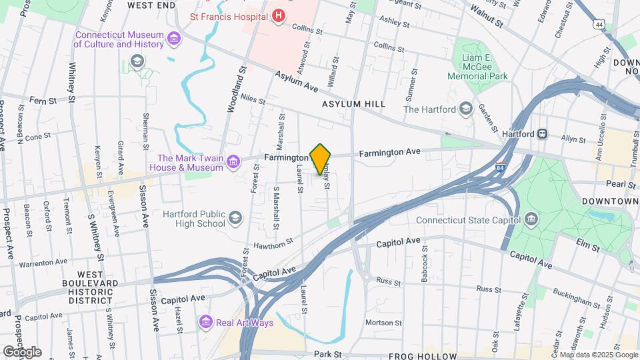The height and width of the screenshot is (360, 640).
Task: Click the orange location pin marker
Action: click(321, 159)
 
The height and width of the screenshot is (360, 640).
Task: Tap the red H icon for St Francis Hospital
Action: click(279, 15)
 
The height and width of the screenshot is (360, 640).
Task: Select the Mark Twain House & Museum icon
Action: click(233, 161)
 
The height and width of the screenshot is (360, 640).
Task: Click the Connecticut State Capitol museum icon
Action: click(531, 219)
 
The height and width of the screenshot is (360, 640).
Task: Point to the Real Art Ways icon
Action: click(206, 323)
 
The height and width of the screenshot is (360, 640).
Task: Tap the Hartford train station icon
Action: click(543, 133)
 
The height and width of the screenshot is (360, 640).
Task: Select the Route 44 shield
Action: click(601, 25)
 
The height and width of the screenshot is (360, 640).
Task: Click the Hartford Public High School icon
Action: click(235, 218)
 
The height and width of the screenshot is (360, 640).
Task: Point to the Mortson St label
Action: click(383, 323)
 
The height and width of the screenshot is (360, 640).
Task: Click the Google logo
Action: click(22, 352)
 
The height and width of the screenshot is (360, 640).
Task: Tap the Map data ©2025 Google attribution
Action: click(598, 355)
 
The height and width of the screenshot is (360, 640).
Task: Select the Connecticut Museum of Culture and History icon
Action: click(174, 39)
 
